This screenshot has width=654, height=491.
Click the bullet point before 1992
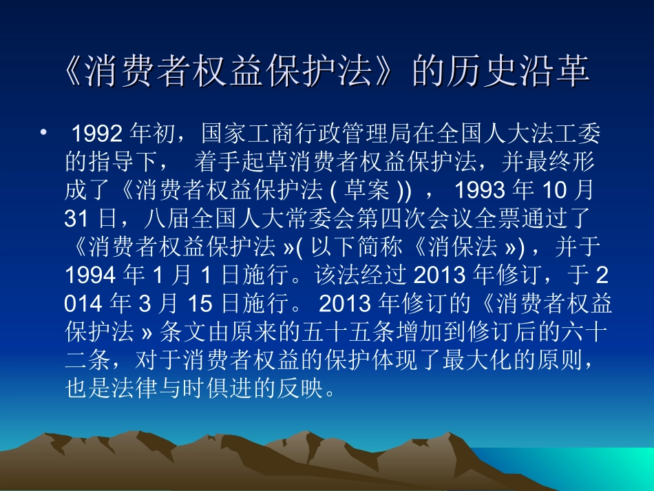click(x=44, y=131)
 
